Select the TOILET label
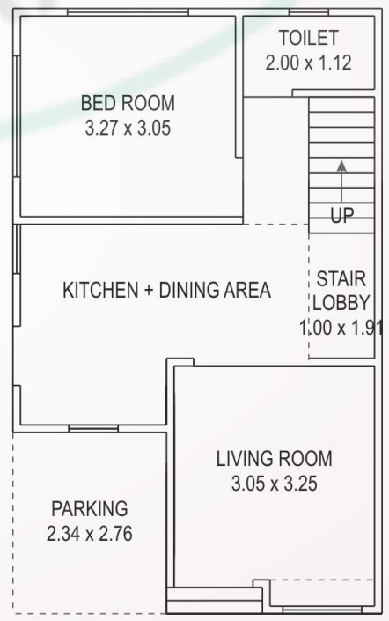308,39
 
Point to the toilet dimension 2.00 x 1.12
308,63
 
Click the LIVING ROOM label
275,458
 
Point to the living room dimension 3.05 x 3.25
275,484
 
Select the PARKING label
89,508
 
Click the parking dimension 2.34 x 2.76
89,534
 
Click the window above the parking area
93,429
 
